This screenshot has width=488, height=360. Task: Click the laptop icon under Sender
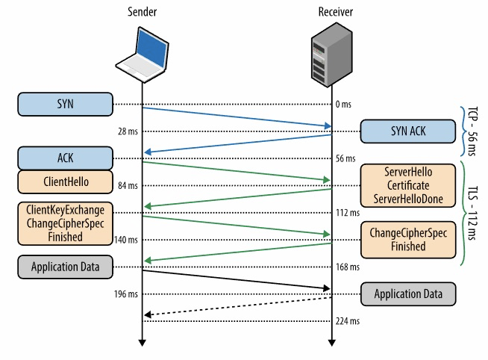coord(142,57)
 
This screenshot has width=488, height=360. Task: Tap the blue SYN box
coord(65,104)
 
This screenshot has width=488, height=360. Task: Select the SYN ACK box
coord(407,131)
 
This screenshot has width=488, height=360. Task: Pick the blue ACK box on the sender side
coord(65,158)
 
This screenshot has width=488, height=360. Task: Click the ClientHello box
coord(65,181)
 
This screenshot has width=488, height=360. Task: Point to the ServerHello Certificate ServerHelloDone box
coord(407,185)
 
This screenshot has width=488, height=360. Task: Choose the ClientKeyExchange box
coord(65,222)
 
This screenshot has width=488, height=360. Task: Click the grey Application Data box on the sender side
coord(65,266)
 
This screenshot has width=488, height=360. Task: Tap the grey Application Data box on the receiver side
coord(407,294)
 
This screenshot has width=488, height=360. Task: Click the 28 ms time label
coord(128,132)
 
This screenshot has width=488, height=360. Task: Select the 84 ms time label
coord(128,185)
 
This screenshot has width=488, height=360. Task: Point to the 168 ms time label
coord(348,267)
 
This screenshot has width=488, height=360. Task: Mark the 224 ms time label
coord(348,321)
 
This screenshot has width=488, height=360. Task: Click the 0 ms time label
coord(343,105)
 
